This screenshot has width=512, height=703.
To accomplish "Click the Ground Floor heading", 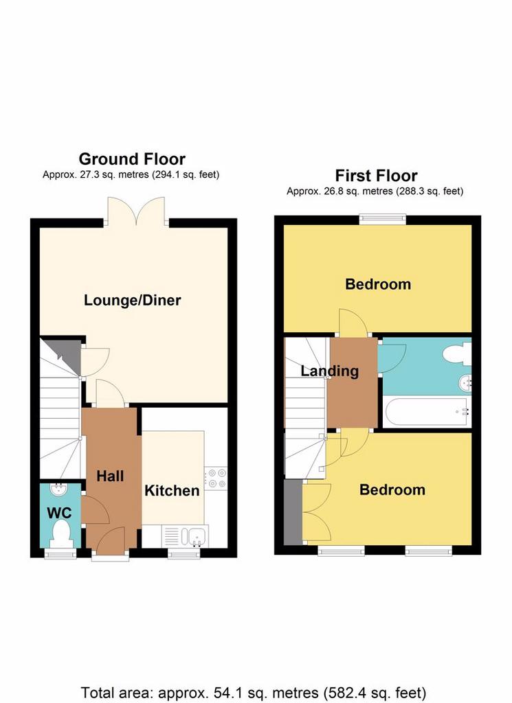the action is click(x=132, y=159).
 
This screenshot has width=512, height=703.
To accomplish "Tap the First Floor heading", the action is click(x=376, y=175).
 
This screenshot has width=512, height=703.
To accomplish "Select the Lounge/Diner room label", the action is click(x=133, y=300).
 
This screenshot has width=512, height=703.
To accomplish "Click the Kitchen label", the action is click(x=172, y=490).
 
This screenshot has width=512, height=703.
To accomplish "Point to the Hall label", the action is click(x=110, y=476).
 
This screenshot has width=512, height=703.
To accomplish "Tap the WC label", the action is click(x=59, y=512).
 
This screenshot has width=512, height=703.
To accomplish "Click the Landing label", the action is click(x=329, y=371).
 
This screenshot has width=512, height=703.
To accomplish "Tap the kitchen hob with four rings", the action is click(x=216, y=478).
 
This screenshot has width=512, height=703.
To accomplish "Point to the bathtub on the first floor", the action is click(x=427, y=412).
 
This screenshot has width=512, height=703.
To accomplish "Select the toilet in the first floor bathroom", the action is click(x=457, y=354).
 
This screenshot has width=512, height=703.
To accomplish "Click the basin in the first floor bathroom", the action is click(x=465, y=383).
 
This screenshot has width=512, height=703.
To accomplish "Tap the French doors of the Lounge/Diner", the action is click(x=136, y=211).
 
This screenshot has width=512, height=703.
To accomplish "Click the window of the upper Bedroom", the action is click(x=383, y=219).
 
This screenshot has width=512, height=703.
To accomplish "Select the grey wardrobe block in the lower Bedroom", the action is click(x=293, y=512).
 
